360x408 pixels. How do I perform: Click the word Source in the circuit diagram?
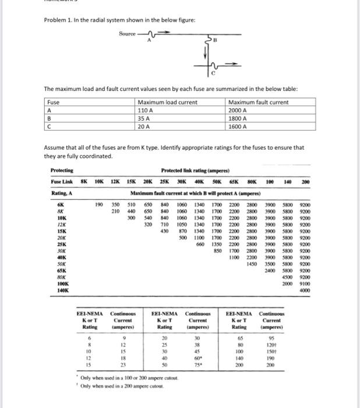click(128, 34)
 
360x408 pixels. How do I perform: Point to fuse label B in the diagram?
click(214, 41)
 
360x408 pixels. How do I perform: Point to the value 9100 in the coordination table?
click(305, 283)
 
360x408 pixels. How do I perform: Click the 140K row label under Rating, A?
click(63, 290)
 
